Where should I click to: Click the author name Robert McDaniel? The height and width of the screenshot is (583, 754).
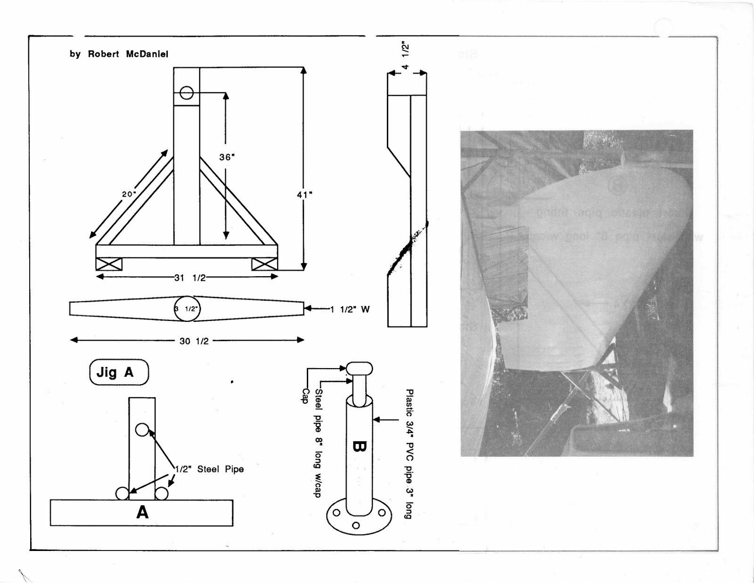point(128,54)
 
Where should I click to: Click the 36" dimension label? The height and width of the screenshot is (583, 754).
point(227,157)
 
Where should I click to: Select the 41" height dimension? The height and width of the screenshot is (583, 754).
point(304,194)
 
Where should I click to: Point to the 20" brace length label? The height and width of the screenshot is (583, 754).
point(129,194)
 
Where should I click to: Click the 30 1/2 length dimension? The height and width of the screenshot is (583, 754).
point(194,341)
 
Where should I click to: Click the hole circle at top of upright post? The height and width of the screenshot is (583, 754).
point(187,93)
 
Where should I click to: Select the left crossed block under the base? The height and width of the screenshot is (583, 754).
point(109,264)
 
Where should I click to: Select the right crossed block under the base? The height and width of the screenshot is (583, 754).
point(264,264)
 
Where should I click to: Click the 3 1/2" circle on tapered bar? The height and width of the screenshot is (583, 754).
point(187,309)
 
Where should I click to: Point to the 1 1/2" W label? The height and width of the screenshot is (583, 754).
point(350,309)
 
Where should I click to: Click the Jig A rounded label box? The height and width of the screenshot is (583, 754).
point(119,372)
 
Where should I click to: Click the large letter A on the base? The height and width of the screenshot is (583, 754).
point(142,512)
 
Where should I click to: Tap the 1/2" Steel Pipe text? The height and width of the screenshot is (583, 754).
point(209,469)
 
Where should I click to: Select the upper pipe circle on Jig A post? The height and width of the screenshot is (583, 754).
point(142,429)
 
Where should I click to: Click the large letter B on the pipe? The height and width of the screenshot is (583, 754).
point(359,446)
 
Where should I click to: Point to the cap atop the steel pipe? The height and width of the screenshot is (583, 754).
point(359,368)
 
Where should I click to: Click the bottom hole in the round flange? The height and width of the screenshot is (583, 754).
point(356,525)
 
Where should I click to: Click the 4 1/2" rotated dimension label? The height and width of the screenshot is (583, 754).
point(405,56)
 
